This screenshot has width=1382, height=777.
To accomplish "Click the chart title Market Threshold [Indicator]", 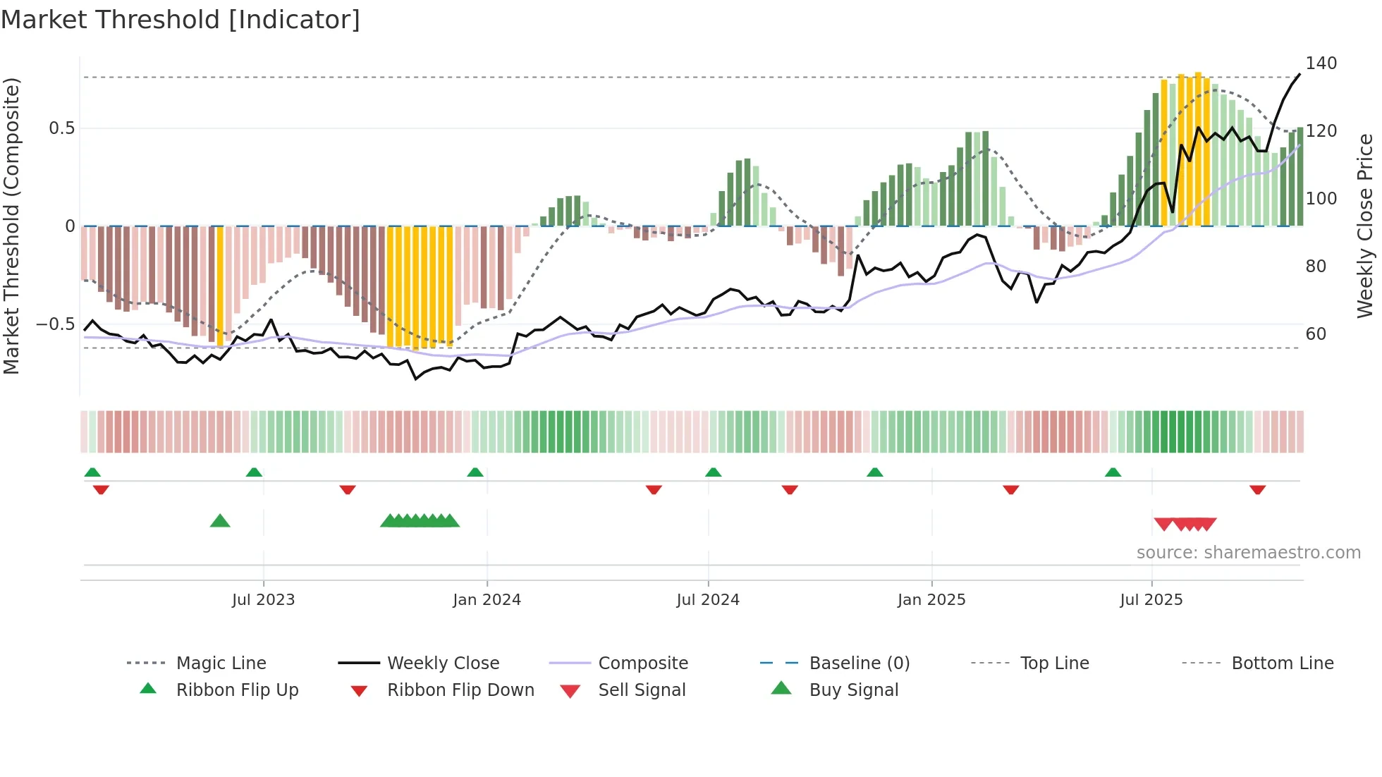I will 181,20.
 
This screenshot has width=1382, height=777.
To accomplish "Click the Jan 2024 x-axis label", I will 487,600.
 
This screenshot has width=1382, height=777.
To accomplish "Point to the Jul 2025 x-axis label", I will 1151,600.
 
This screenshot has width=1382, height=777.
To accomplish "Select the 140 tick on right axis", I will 1321,63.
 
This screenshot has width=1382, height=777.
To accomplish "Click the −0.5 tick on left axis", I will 55,324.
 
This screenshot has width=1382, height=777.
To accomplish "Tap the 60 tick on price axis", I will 1316,334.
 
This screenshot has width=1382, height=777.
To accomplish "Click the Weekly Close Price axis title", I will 1365,226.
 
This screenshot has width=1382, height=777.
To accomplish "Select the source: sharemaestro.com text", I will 1248,553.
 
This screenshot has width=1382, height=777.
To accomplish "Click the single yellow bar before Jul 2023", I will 220,286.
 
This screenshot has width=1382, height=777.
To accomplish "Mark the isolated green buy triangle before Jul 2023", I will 220,521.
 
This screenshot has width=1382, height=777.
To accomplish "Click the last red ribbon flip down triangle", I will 1257,489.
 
